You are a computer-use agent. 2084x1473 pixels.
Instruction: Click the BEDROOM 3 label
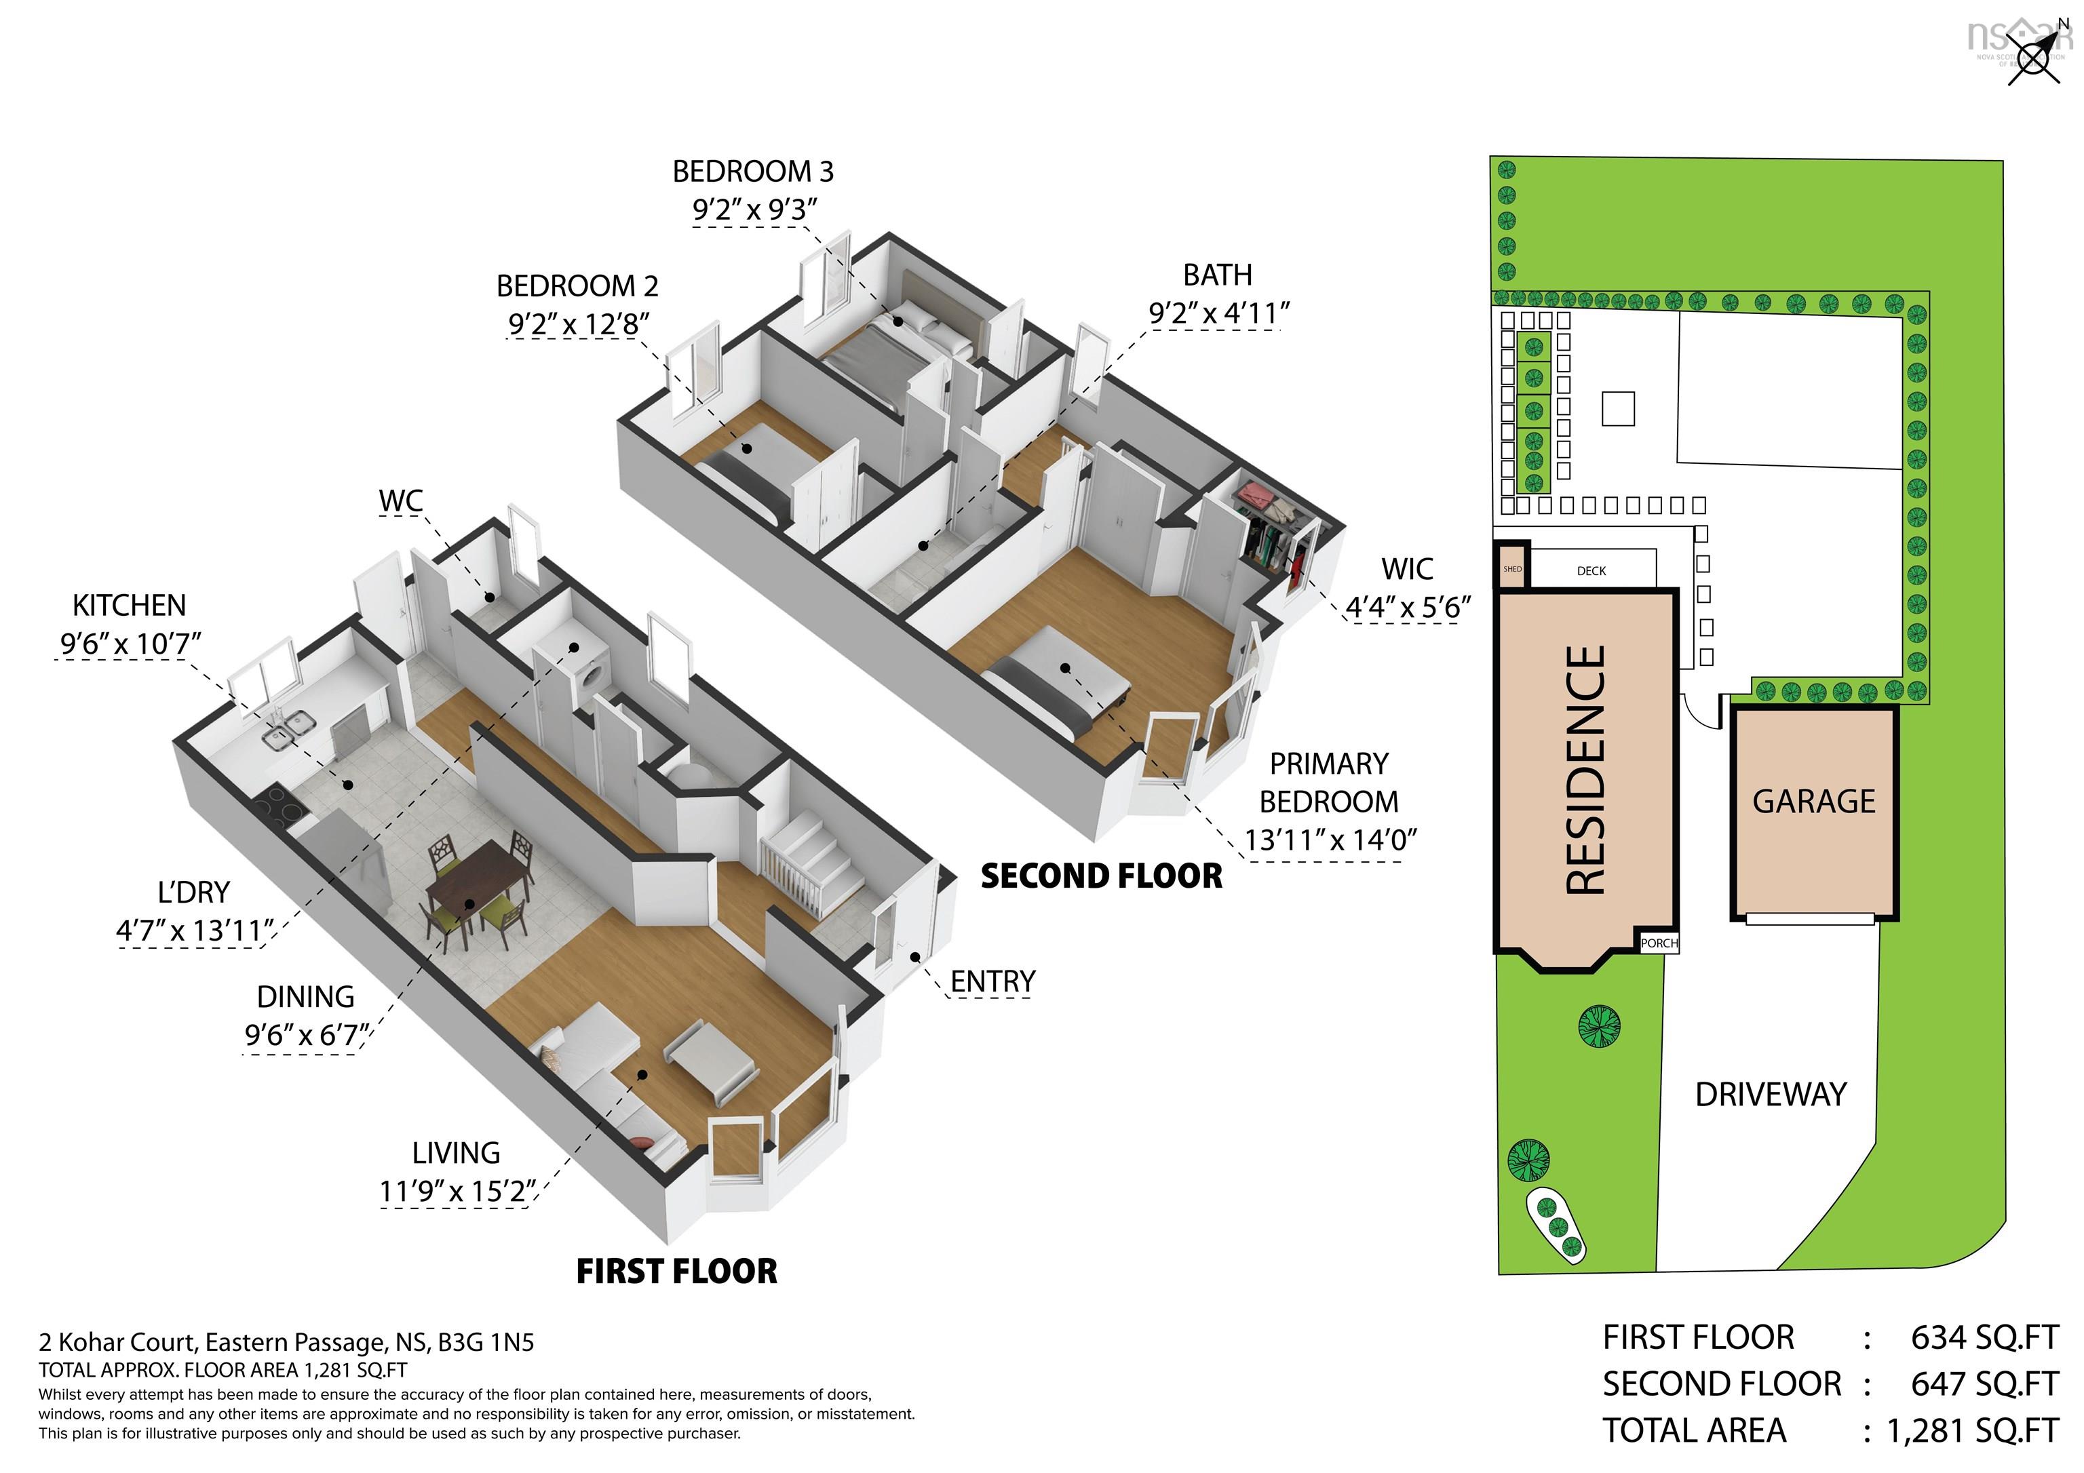point(752,172)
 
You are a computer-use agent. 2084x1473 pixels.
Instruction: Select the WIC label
point(1407,569)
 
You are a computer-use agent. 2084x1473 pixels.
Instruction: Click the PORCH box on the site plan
point(1658,943)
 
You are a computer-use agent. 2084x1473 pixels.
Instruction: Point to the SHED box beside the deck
point(1512,569)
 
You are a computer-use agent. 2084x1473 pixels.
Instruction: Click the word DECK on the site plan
point(1591,571)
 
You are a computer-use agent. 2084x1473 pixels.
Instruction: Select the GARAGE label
point(1813,802)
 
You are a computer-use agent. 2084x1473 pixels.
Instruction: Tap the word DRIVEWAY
point(1770,1095)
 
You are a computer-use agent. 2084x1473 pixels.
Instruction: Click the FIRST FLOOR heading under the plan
point(676,1271)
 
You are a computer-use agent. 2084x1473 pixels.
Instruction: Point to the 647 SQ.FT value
point(1983,1384)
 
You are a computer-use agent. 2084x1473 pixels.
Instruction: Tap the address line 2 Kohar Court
point(286,1341)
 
